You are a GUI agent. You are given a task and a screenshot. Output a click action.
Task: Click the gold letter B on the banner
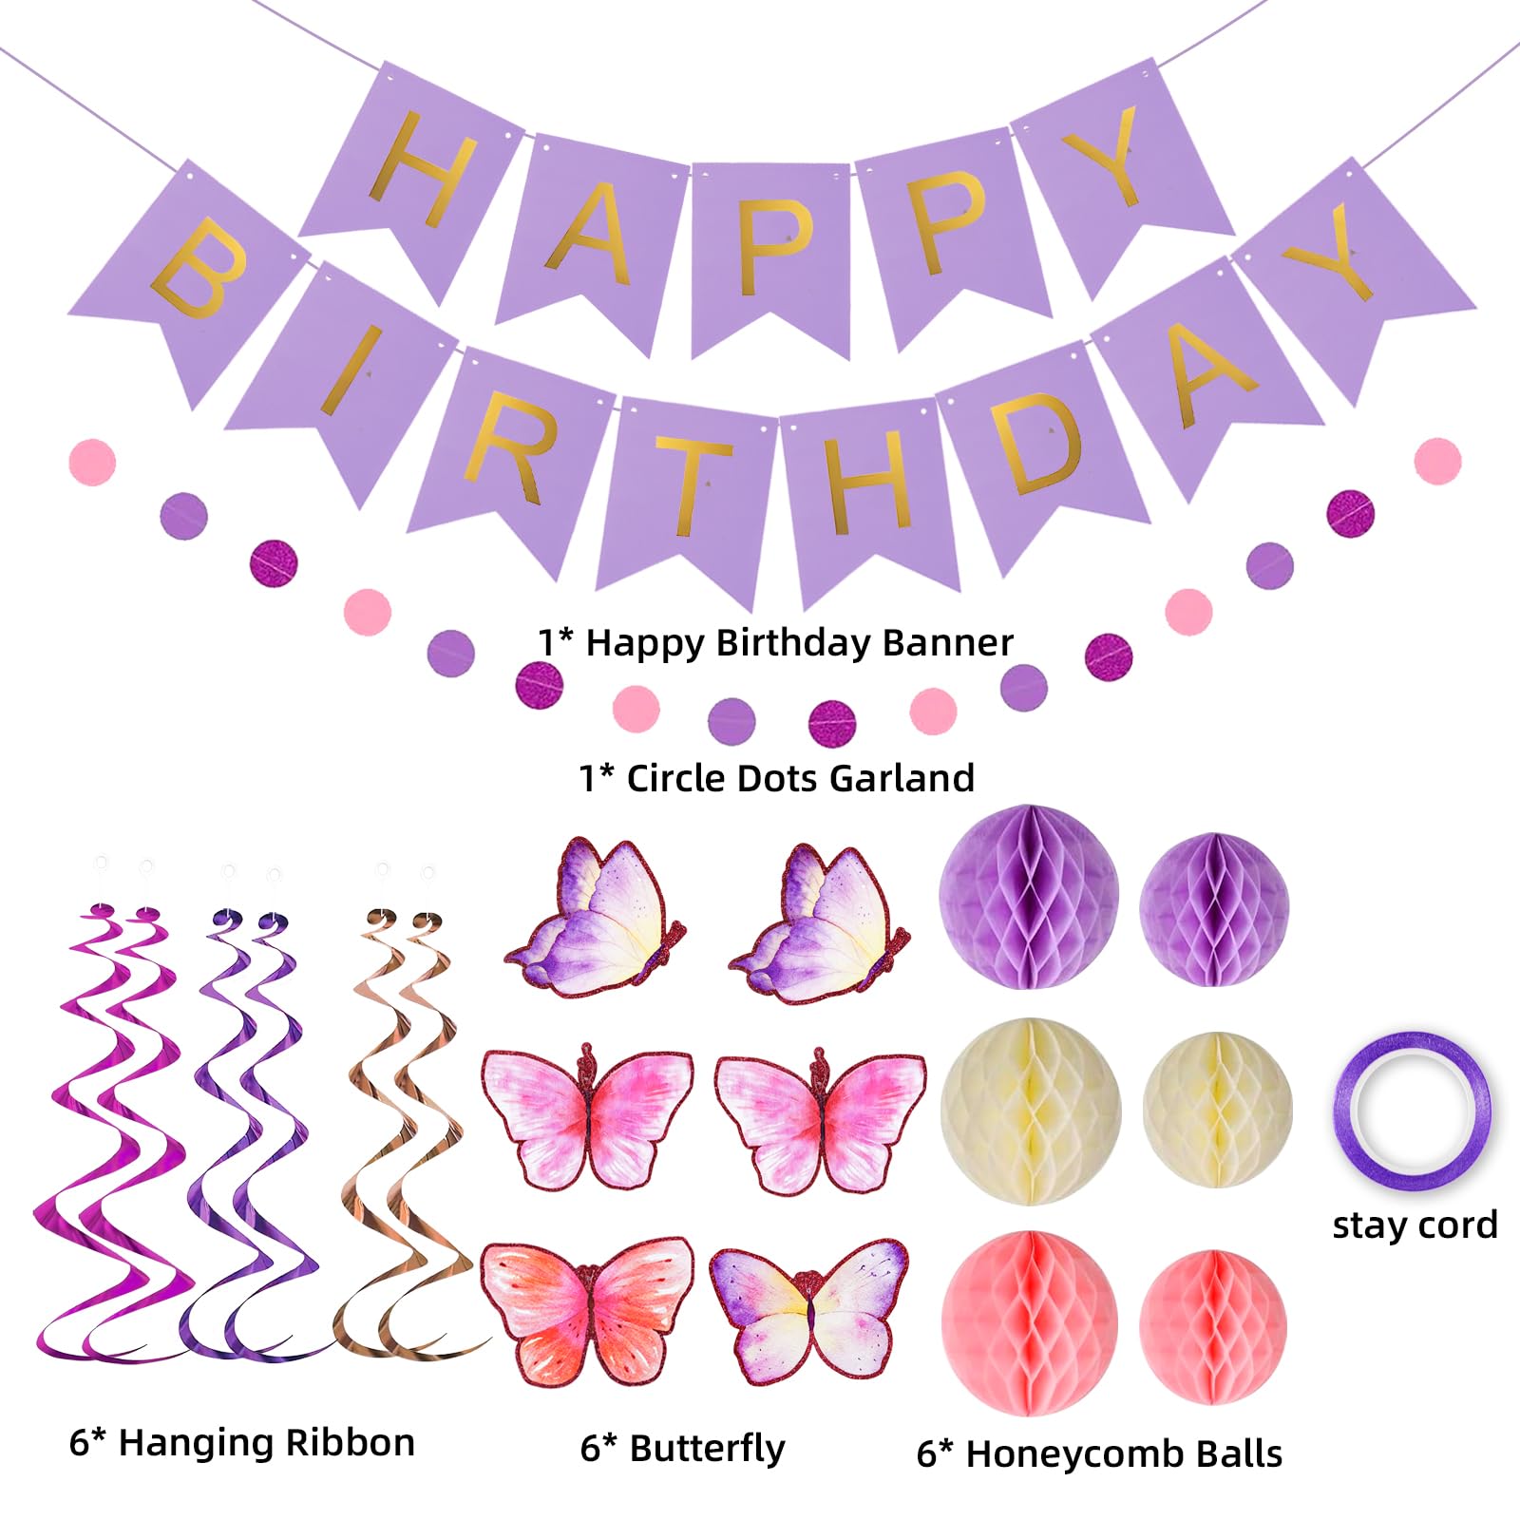pyautogui.click(x=200, y=270)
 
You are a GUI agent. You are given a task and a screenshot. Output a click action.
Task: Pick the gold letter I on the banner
pyautogui.click(x=351, y=370)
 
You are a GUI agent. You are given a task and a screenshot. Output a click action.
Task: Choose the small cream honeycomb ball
pyautogui.click(x=1218, y=1110)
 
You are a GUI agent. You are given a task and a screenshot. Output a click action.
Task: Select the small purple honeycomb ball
pyautogui.click(x=1214, y=909)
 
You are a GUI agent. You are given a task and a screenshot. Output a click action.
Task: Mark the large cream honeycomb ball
pyautogui.click(x=1031, y=1111)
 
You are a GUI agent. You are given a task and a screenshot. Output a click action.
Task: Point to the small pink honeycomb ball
pyautogui.click(x=1213, y=1326)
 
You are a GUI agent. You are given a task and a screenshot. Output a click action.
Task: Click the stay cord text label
pyautogui.click(x=1415, y=1225)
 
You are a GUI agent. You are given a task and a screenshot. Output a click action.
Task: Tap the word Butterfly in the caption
pyautogui.click(x=707, y=1449)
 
